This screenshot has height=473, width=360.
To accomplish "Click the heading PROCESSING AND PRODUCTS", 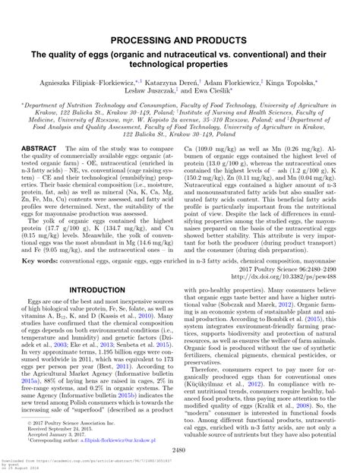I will click(x=179, y=39).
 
